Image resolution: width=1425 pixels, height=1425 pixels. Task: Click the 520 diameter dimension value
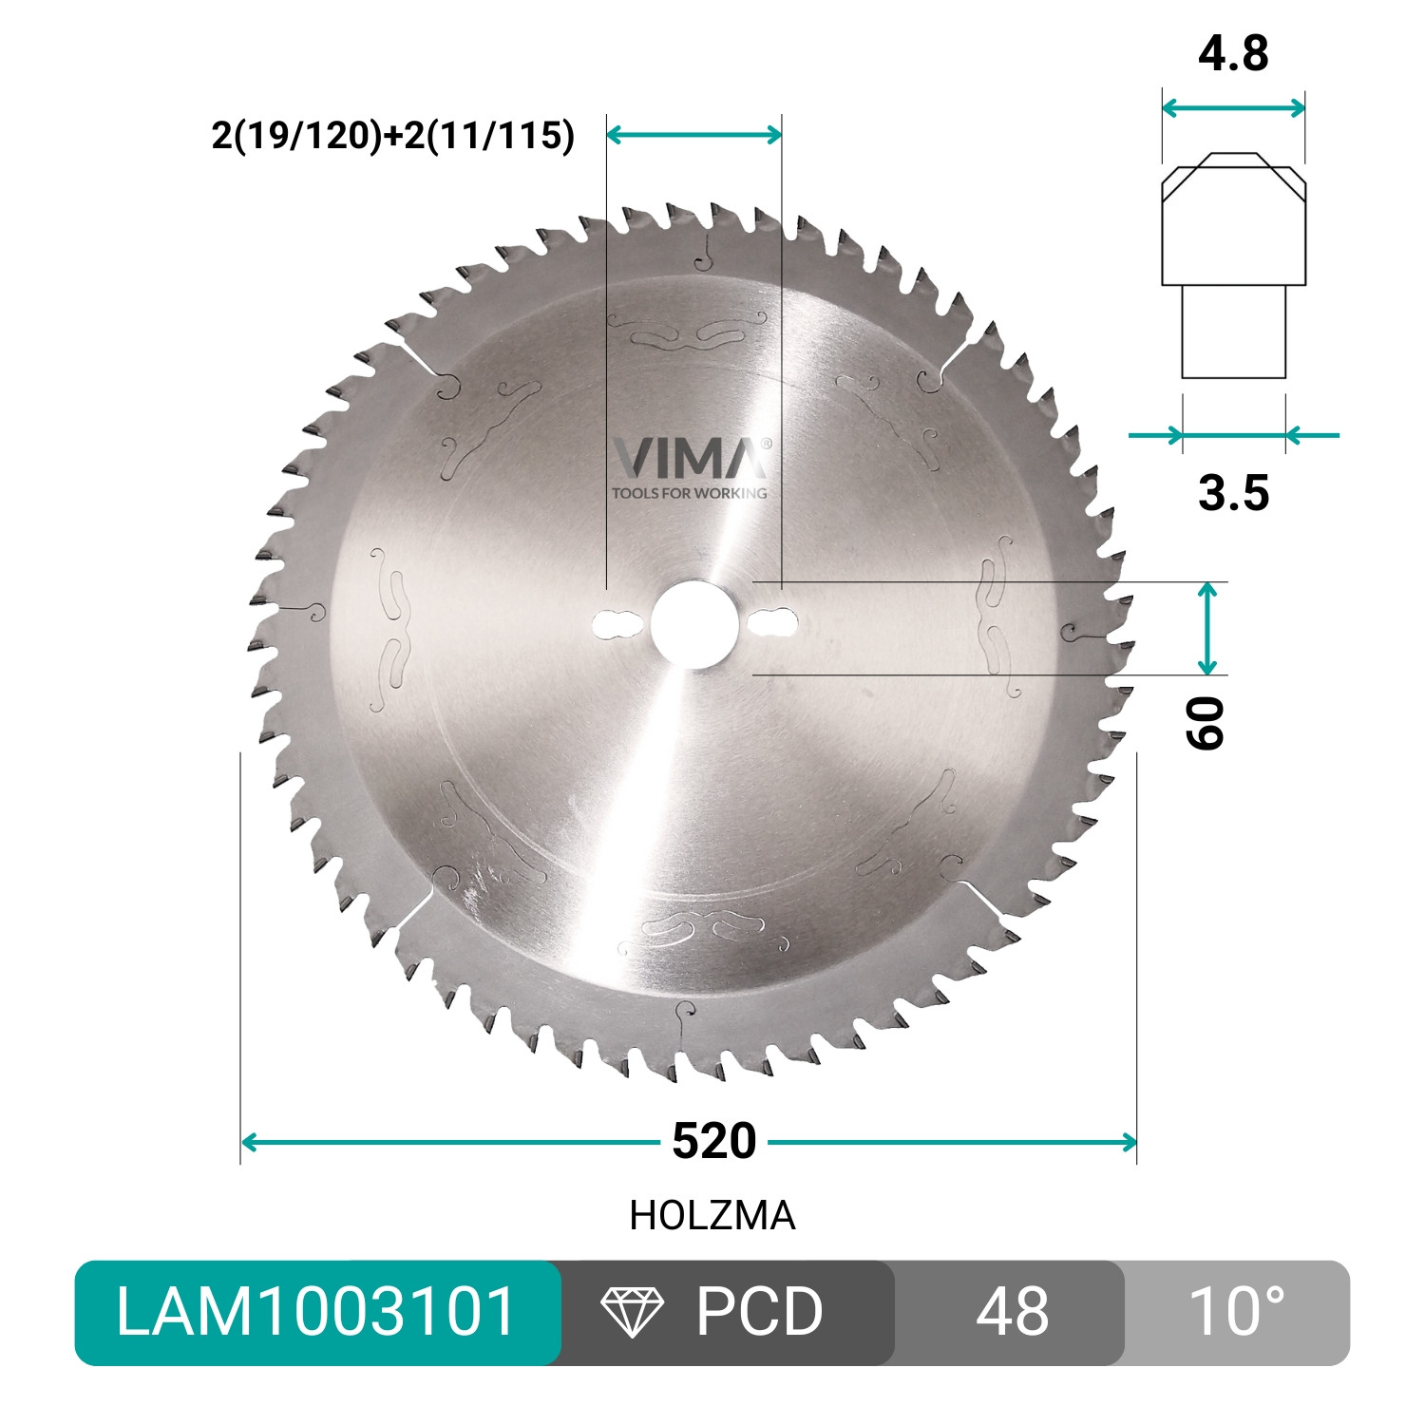click(x=713, y=1141)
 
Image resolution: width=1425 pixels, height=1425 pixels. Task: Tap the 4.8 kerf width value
click(x=1233, y=54)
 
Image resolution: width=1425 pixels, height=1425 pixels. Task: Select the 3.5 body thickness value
click(x=1233, y=493)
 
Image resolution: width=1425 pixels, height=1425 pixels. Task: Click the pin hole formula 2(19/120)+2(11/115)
click(x=393, y=136)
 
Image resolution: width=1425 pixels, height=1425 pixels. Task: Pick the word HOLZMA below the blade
click(x=712, y=1216)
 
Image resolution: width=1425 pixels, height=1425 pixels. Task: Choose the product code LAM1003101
click(x=316, y=1312)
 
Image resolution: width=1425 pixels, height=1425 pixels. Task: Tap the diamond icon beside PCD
click(x=633, y=1312)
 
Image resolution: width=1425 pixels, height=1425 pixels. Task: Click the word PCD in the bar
click(x=759, y=1312)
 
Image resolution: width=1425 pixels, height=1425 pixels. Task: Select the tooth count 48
click(x=1012, y=1312)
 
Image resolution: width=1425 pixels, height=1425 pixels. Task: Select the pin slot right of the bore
click(x=772, y=623)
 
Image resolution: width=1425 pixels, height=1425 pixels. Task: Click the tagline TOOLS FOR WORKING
click(x=690, y=493)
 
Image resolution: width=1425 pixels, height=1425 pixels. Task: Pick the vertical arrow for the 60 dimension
click(x=1206, y=629)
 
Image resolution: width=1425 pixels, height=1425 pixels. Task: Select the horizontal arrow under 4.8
click(x=1233, y=107)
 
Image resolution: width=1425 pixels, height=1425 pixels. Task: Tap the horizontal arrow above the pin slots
click(x=693, y=135)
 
